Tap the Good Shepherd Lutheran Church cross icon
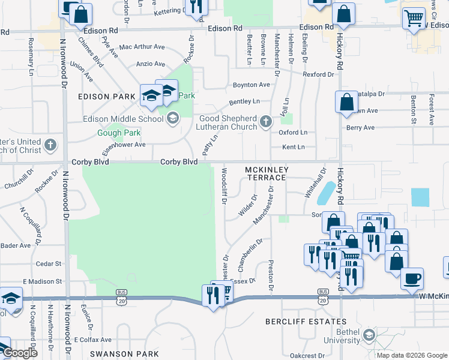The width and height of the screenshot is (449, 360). (266, 123)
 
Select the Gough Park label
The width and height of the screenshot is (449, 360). (119, 133)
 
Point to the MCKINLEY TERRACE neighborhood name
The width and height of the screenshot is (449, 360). (266, 174)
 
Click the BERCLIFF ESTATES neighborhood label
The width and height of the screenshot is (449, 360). (298, 322)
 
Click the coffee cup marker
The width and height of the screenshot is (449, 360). (412, 278)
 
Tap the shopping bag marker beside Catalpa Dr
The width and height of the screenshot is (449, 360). (347, 101)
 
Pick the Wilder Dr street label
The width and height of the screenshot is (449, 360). (247, 206)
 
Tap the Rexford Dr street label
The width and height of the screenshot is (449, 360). (318, 74)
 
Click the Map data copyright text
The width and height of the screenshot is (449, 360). (412, 355)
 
